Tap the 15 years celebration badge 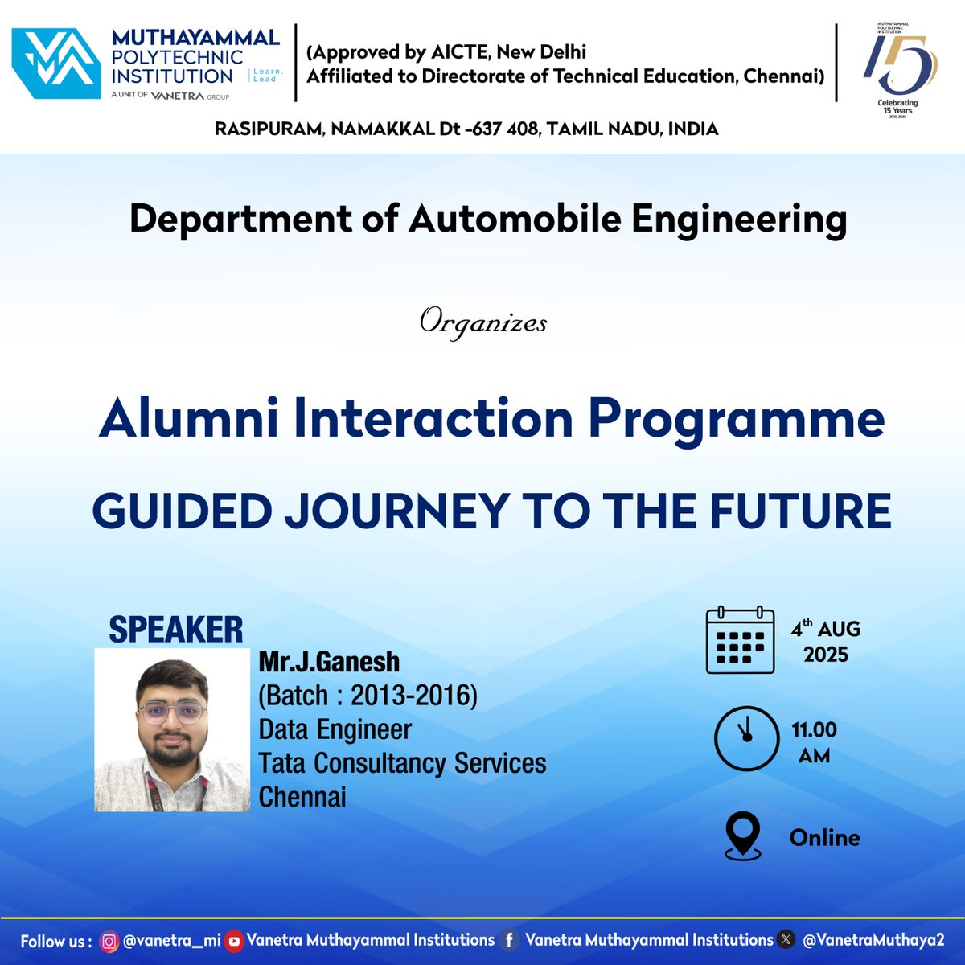[x=899, y=72]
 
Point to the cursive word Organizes [x=483, y=323]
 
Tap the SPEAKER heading [x=175, y=629]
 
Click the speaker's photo [x=172, y=730]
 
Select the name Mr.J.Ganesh [x=329, y=662]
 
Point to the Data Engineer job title [x=335, y=729]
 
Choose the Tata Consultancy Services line [x=402, y=763]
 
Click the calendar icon [x=740, y=640]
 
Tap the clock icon [x=746, y=739]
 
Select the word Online [x=824, y=838]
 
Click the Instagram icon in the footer [x=109, y=941]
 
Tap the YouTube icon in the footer [x=234, y=941]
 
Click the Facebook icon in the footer [x=509, y=941]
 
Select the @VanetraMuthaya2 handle [x=873, y=940]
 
